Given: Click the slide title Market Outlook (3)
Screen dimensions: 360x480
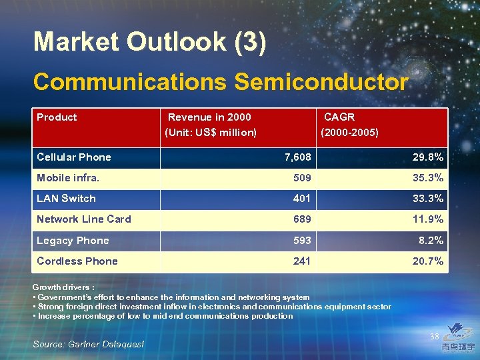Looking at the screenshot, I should pyautogui.click(x=150, y=42).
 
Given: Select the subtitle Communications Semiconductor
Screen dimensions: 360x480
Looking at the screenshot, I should pyautogui.click(x=220, y=82).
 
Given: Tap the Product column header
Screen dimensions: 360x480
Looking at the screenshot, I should pyautogui.click(x=57, y=117).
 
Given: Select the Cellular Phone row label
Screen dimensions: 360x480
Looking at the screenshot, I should pyautogui.click(x=74, y=157).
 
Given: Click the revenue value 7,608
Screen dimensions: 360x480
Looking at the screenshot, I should pyautogui.click(x=297, y=157).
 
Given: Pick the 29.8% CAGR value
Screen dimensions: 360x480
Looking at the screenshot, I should pyautogui.click(x=427, y=157).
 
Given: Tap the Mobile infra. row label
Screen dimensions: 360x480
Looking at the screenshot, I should pyautogui.click(x=68, y=178).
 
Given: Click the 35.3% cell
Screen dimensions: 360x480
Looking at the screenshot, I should pyautogui.click(x=427, y=178).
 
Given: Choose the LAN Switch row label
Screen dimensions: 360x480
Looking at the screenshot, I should pyautogui.click(x=66, y=199).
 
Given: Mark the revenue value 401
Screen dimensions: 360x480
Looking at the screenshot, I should pyautogui.click(x=302, y=199).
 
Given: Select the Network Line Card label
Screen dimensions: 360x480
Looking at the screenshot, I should pyautogui.click(x=84, y=219).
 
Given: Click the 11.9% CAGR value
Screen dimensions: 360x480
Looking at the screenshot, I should pyautogui.click(x=427, y=219).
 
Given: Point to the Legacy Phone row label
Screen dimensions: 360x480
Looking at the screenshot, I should pyautogui.click(x=73, y=241).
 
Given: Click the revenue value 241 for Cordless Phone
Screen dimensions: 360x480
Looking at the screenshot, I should pyautogui.click(x=302, y=261).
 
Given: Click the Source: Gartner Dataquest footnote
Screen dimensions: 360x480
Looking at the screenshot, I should pyautogui.click(x=88, y=344).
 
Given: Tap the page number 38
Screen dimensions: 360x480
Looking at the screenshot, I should pyautogui.click(x=434, y=337).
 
